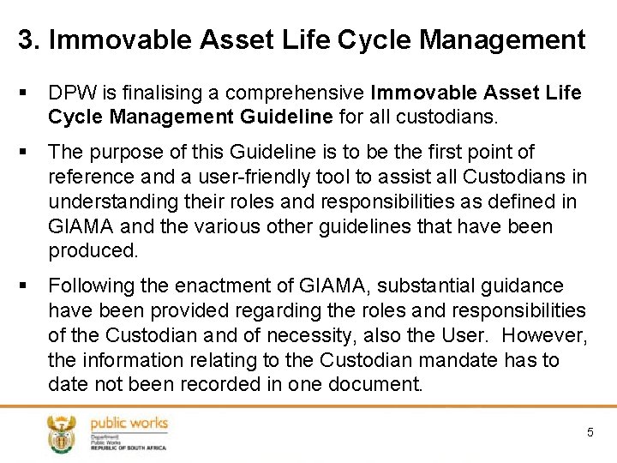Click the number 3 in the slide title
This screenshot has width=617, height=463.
(26, 39)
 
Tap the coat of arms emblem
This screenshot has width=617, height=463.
(61, 433)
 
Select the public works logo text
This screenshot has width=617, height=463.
(129, 423)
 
